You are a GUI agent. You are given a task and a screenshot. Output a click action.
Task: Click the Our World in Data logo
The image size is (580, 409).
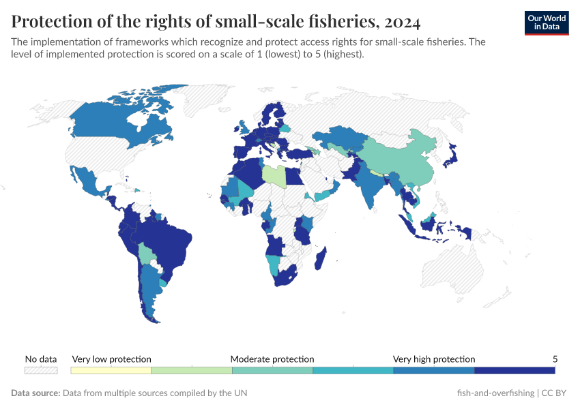[x=547, y=22]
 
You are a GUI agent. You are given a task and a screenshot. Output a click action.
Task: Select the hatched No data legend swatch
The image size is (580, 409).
[x=41, y=370]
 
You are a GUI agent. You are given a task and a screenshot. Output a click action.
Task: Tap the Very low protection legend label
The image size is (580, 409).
[x=111, y=359]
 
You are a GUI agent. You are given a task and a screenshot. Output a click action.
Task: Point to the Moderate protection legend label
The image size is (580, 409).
[x=272, y=359]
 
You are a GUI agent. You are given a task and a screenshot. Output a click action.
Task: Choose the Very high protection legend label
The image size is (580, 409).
[x=434, y=359]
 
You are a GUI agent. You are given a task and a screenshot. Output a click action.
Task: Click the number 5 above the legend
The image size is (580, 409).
[x=555, y=359]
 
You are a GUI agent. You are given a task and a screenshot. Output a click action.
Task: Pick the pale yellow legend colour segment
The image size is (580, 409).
[x=111, y=370]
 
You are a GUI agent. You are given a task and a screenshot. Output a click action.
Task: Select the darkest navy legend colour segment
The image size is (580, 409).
[x=514, y=370]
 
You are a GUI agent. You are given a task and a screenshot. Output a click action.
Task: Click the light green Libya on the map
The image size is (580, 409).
[x=274, y=175]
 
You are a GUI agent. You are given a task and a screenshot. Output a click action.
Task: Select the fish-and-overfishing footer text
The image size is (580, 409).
[x=494, y=393]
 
